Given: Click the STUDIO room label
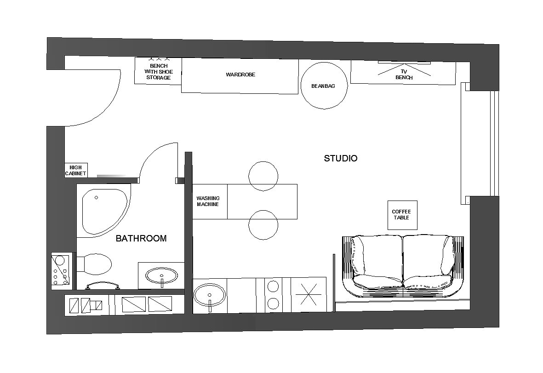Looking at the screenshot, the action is (x=340, y=158).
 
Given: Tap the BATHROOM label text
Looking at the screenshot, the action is (x=141, y=238).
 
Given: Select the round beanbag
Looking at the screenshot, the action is (x=324, y=86).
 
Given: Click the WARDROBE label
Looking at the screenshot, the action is (x=240, y=75).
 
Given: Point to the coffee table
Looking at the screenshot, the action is (x=402, y=215).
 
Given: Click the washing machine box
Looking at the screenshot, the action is (x=210, y=201).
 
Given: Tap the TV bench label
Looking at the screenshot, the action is (x=404, y=75).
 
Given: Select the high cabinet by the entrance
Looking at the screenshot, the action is (x=76, y=170).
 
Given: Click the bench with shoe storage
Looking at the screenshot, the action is (x=158, y=71).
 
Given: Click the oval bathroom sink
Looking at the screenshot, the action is (x=162, y=276).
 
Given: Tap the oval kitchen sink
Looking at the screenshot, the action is (x=210, y=295).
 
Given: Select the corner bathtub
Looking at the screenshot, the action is (x=104, y=212).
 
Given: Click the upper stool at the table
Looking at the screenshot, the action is (x=263, y=176).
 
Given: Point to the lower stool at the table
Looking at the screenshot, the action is (x=263, y=225).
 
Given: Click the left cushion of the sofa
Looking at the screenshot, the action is (x=377, y=263).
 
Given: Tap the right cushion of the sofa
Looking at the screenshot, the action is (x=429, y=263).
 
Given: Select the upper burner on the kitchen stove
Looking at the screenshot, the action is (x=273, y=286).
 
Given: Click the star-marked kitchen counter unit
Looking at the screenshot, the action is (x=309, y=294).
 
